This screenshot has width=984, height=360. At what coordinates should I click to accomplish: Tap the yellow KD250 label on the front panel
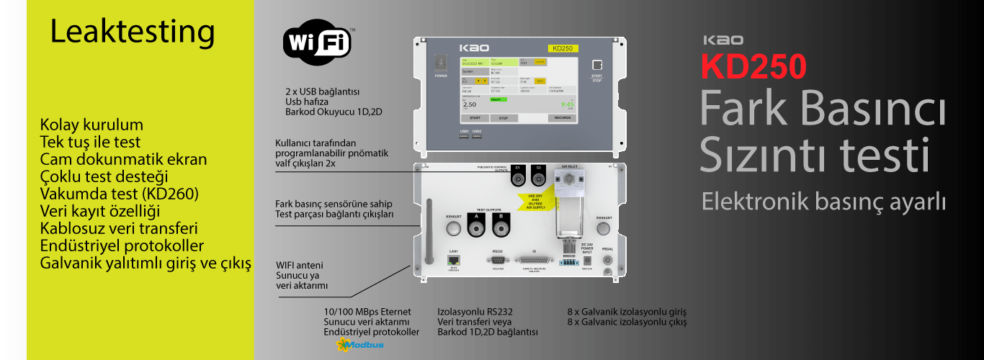[x=562, y=48]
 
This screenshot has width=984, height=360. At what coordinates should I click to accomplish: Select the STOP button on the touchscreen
[x=504, y=117]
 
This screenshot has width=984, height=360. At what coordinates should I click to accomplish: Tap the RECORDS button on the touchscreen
[x=563, y=117]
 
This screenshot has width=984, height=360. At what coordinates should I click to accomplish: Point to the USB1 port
[x=465, y=137]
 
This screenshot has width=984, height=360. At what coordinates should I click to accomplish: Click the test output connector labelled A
[x=475, y=229]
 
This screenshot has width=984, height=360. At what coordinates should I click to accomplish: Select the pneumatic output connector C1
[x=518, y=178]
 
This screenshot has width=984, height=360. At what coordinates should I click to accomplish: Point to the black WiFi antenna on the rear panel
[x=430, y=232]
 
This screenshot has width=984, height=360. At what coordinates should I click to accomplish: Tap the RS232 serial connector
[x=497, y=260]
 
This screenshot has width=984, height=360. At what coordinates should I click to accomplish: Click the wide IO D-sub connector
[x=535, y=260]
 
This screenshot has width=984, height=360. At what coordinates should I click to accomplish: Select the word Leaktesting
[x=132, y=32]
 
